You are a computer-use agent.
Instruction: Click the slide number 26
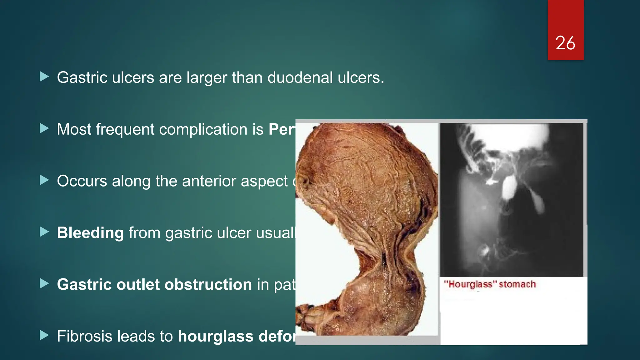pyautogui.click(x=565, y=43)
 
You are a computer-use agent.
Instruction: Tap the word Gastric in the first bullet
pyautogui.click(x=82, y=77)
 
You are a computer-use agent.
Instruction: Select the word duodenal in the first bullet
pyautogui.click(x=300, y=77)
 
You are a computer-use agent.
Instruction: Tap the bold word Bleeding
pyautogui.click(x=90, y=233)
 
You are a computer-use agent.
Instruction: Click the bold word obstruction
pyautogui.click(x=208, y=285)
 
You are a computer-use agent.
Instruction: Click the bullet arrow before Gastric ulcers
pyautogui.click(x=44, y=77)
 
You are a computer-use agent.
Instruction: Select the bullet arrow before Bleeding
pyautogui.click(x=44, y=232)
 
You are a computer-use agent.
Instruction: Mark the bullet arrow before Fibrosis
pyautogui.click(x=44, y=335)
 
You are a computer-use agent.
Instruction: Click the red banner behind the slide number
pyautogui.click(x=566, y=19)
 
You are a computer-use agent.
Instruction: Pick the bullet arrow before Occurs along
pyautogui.click(x=44, y=180)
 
